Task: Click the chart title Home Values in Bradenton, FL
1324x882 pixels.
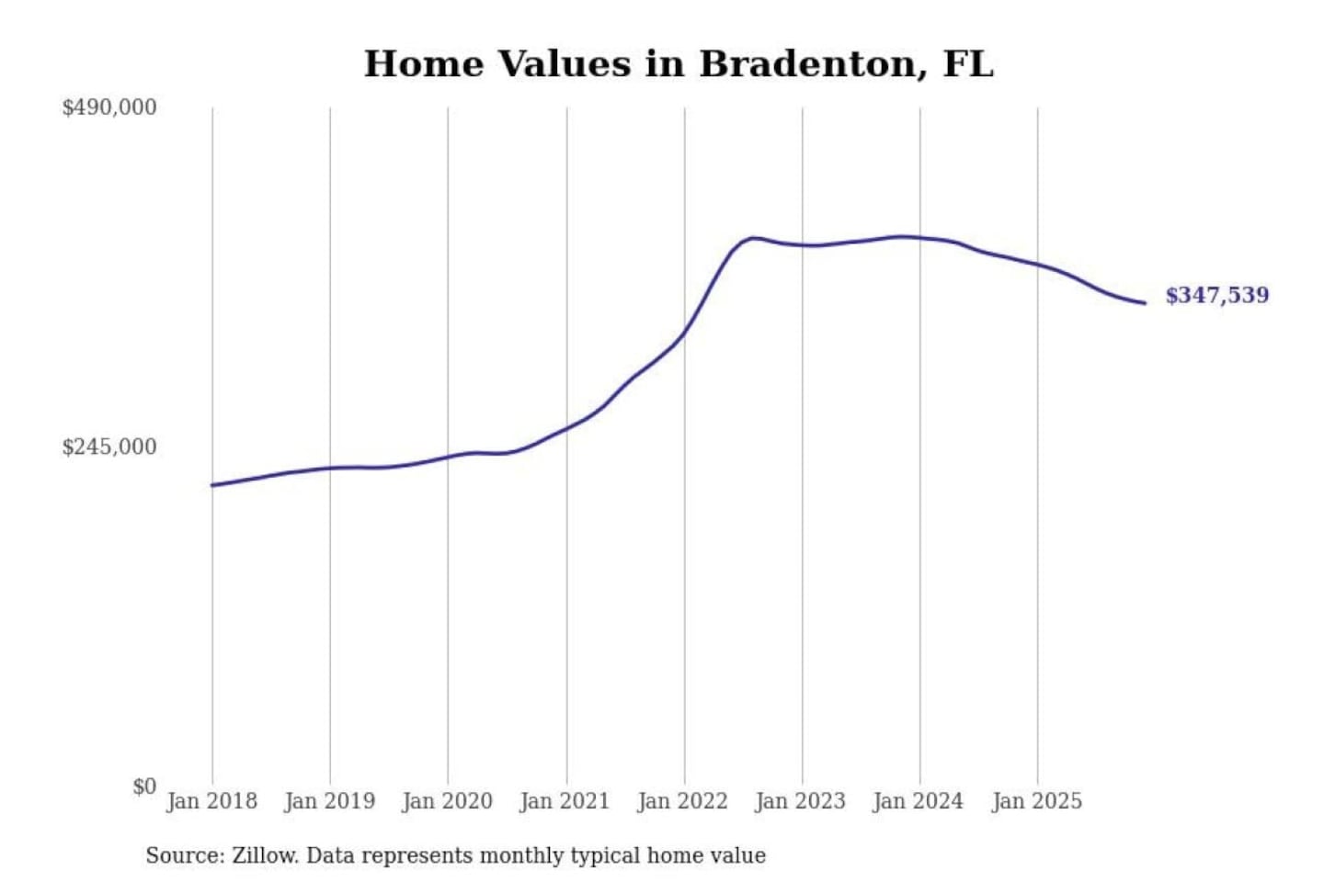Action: (679, 64)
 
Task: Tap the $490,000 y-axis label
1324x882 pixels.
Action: (109, 107)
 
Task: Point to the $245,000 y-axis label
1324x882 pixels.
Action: (109, 447)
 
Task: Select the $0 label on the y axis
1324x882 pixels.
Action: (144, 786)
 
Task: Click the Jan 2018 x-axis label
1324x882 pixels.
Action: (211, 801)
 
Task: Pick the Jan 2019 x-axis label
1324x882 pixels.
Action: (330, 801)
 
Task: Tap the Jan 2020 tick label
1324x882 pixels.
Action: (448, 801)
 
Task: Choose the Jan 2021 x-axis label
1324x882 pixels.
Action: (565, 801)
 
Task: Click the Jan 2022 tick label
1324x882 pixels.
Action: (683, 801)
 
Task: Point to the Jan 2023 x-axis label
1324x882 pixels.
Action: (801, 801)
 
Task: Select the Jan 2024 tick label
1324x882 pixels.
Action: (919, 801)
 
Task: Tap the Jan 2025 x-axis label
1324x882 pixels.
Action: (1037, 801)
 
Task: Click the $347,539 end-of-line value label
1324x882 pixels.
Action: (1216, 295)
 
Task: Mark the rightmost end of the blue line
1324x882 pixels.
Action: (1145, 303)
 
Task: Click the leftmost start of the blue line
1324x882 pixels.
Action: (212, 485)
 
